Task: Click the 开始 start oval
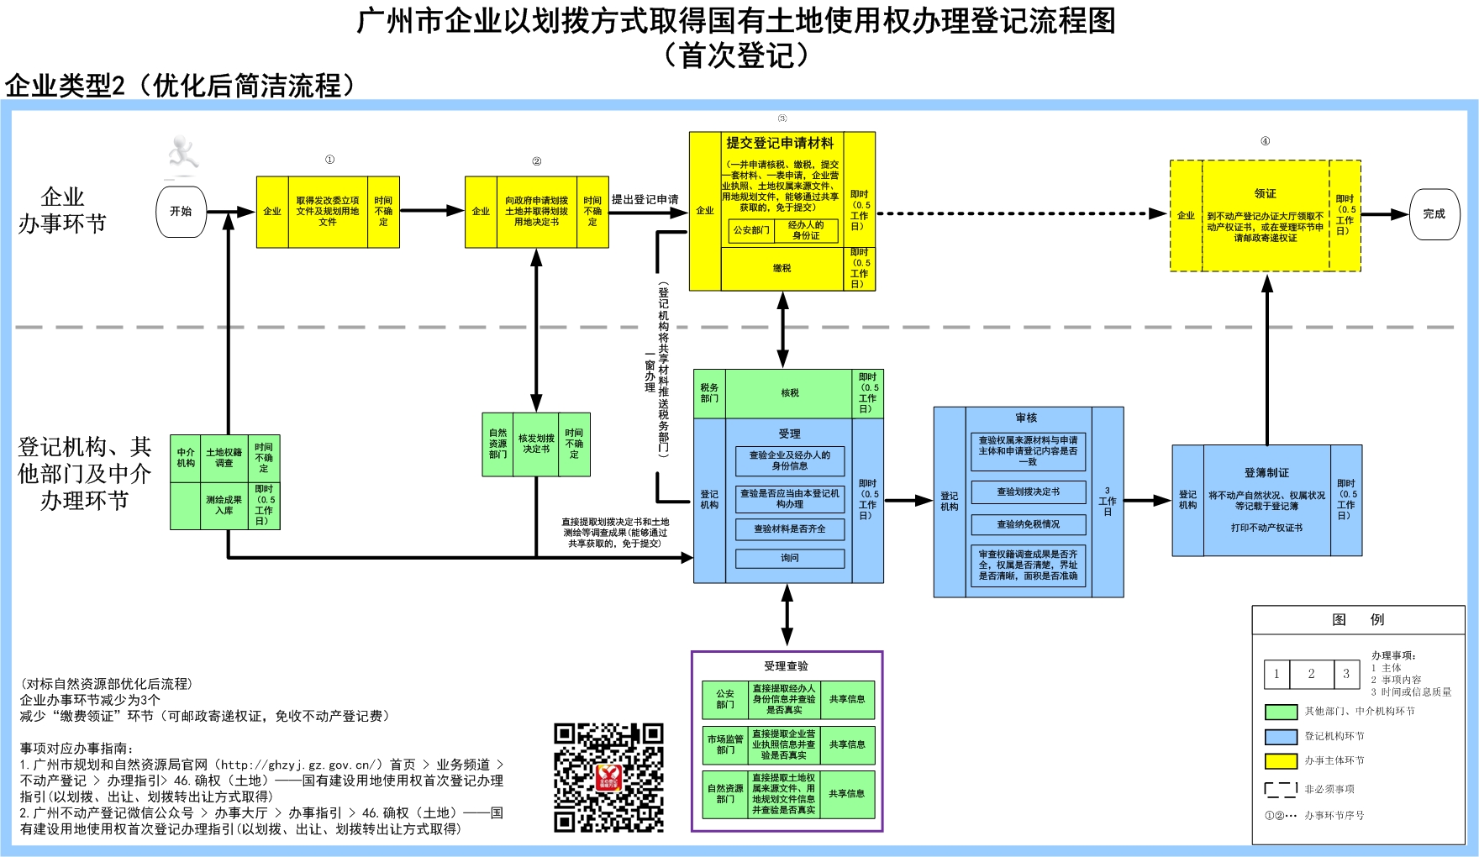click(181, 212)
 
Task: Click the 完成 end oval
click(1434, 214)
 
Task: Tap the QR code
click(608, 777)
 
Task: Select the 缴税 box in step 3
click(782, 269)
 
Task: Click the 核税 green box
click(789, 393)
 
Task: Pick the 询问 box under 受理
click(789, 558)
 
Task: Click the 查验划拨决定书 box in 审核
click(1028, 492)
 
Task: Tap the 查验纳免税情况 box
click(1028, 524)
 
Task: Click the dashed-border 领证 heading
click(1265, 193)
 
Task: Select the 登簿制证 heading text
click(1266, 473)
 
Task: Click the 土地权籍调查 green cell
click(224, 458)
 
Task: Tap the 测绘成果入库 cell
click(224, 505)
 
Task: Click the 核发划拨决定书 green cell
click(536, 444)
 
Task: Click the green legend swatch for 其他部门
click(1281, 712)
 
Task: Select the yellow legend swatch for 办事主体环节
click(1281, 761)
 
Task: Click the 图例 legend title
click(1358, 619)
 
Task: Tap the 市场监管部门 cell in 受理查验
click(725, 744)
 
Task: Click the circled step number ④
click(1265, 141)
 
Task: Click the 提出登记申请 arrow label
click(645, 200)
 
